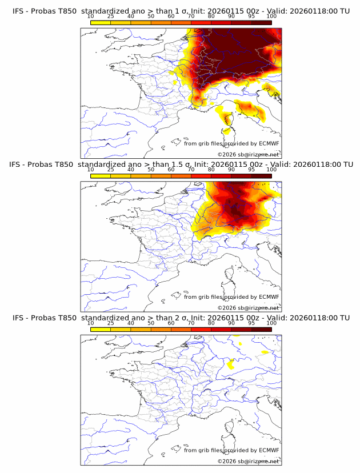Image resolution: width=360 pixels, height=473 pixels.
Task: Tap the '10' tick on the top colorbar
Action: click(x=91, y=16)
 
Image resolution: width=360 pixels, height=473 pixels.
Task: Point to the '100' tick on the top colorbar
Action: click(x=271, y=16)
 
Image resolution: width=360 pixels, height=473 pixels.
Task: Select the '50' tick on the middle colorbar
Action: click(x=151, y=170)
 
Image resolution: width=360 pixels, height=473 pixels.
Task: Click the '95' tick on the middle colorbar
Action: click(x=251, y=170)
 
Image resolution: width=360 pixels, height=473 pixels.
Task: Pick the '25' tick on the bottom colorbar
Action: click(x=111, y=323)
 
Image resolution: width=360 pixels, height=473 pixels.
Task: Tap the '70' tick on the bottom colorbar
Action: click(x=191, y=323)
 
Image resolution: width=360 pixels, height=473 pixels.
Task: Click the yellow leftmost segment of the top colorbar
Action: click(x=101, y=22)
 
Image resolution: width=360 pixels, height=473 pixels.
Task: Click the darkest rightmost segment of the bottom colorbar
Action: click(x=261, y=329)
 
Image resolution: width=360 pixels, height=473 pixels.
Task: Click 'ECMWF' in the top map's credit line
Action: click(x=269, y=143)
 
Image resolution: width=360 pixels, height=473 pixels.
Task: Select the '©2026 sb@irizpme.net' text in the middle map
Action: click(x=248, y=308)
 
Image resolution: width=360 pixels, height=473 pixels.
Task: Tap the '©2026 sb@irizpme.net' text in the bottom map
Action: click(x=248, y=462)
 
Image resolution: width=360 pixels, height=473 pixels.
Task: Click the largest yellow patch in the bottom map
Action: click(x=231, y=364)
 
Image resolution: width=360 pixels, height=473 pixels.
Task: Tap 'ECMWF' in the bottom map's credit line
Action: click(x=269, y=451)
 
